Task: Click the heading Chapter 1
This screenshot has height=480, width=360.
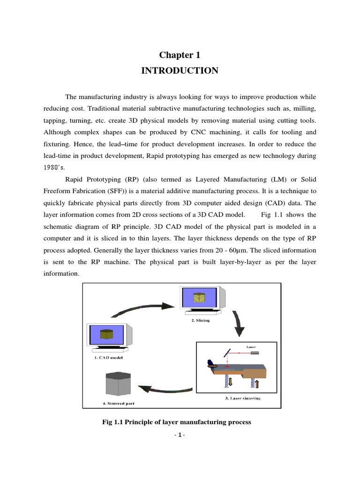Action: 180,55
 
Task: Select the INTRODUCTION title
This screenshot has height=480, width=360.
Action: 180,71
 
